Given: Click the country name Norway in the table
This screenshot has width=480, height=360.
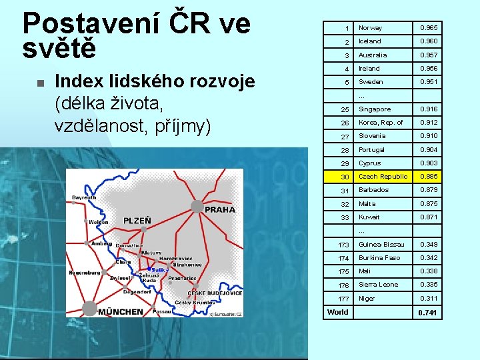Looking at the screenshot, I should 370,28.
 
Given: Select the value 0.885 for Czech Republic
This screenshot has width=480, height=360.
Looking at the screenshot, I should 428,177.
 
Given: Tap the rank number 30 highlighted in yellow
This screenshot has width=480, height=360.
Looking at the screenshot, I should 345,177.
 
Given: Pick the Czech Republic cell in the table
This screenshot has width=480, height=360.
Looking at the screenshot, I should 383,177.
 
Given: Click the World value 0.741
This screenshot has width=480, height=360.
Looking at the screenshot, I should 428,313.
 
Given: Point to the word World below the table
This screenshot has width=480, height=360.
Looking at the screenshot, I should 338,312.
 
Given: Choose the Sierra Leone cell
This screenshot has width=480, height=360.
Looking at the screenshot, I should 378,285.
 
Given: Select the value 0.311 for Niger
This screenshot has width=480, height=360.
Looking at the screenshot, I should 428,299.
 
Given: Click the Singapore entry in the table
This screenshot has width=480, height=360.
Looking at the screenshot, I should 375,109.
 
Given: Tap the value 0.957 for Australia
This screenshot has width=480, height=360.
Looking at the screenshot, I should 428,55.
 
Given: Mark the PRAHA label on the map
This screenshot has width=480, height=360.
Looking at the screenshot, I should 220,209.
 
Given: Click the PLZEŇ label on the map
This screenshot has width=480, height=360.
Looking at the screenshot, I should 137,221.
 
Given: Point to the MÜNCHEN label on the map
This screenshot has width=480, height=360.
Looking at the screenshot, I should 121,311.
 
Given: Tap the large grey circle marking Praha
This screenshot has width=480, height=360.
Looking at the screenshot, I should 197,207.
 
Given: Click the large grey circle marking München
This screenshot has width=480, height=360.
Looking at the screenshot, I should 89,308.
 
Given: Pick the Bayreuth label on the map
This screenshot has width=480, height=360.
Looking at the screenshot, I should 83,197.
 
